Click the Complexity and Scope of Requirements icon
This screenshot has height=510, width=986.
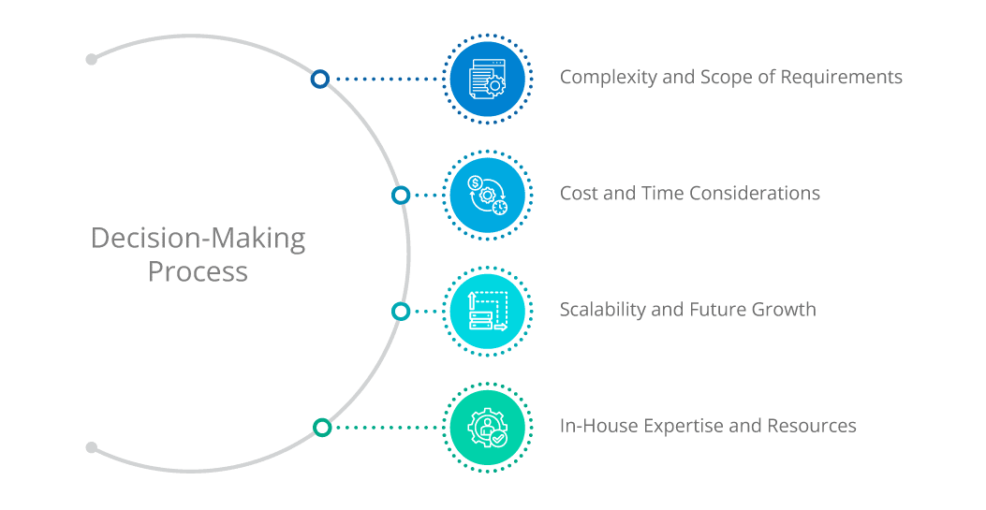487,79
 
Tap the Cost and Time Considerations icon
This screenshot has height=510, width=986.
487,195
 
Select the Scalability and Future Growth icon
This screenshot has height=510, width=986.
487,311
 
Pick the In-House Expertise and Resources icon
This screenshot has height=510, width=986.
487,427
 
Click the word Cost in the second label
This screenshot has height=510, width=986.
578,194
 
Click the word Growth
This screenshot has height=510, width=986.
784,310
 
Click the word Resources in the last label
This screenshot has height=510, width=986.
812,427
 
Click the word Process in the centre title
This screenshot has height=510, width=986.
198,272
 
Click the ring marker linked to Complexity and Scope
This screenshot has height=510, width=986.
320,79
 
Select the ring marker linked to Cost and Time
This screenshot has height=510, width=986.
401,195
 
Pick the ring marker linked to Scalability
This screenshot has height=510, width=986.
401,311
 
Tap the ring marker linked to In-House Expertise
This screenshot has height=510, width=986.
322,427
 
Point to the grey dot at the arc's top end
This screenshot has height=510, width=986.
91,59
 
